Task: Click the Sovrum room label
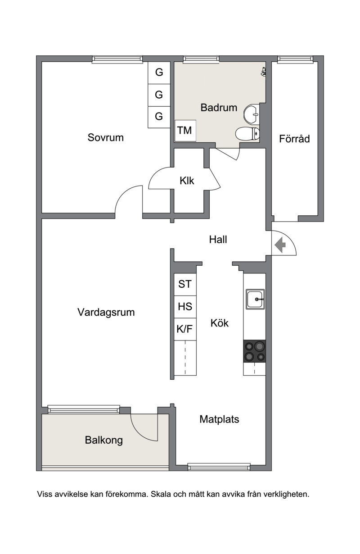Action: point(105,137)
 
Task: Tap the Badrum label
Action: point(219,108)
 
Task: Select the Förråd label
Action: point(294,139)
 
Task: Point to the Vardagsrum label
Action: point(106,313)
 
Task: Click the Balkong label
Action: point(104,440)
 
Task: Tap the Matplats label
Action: point(219,419)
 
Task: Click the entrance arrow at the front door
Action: point(280,245)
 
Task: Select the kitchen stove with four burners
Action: point(254,351)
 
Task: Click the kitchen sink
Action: point(255,299)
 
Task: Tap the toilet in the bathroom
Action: point(247,134)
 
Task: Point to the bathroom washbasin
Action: point(251,114)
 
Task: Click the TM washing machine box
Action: point(185,131)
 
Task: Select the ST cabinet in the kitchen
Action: point(185,284)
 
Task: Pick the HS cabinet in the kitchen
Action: point(185,307)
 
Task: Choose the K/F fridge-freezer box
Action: point(185,329)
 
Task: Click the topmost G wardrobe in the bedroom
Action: point(159,73)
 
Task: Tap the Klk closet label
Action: point(187,181)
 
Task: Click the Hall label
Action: point(218,240)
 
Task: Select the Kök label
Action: point(220,323)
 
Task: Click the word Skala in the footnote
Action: point(161,494)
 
